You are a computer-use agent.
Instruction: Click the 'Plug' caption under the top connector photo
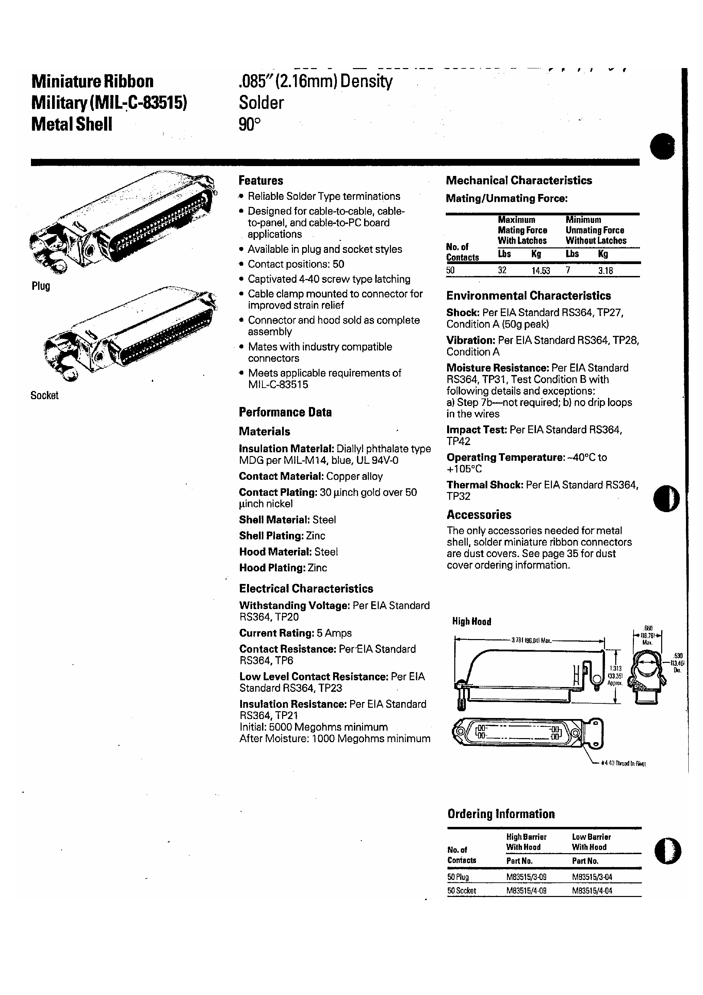coord(41,286)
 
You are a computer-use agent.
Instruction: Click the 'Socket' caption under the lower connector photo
coord(44,395)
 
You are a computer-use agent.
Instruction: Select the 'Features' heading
coord(261,180)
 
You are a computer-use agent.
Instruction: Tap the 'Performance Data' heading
coord(285,412)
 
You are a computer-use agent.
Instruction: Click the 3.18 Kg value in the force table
coord(606,271)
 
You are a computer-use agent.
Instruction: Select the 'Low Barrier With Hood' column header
coord(591,842)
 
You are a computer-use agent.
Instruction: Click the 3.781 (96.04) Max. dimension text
coord(532,640)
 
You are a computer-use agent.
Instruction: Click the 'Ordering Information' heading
coord(501,814)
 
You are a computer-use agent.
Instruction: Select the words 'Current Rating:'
coord(276,633)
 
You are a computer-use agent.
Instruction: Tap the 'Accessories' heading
coord(479,515)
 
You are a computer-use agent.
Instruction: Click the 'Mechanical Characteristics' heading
coord(519,180)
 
